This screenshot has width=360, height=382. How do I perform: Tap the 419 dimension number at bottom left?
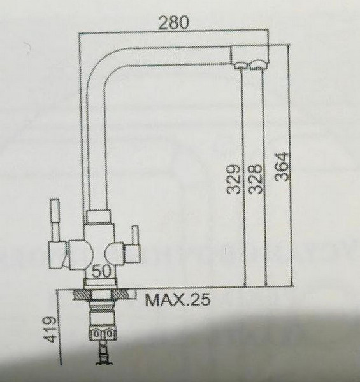pos(50,332)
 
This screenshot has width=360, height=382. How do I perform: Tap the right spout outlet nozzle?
pos(259,64)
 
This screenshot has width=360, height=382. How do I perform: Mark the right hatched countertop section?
pos(125,294)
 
